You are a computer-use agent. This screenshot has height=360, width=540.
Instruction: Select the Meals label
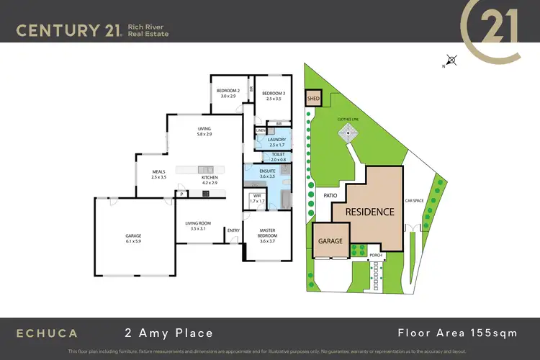coord(158,174)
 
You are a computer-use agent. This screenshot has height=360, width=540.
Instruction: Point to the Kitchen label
coord(210,179)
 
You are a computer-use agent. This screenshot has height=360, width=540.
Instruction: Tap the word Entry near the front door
coord(233,230)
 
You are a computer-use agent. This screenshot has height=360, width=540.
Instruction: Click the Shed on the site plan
coord(313,98)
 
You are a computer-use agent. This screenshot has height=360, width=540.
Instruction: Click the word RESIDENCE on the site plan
coord(369,212)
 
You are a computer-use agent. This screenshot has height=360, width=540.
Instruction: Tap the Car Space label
coord(413,201)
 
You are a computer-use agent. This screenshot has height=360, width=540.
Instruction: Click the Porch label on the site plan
coord(375,255)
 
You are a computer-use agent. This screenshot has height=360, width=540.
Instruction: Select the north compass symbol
coord(451,60)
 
